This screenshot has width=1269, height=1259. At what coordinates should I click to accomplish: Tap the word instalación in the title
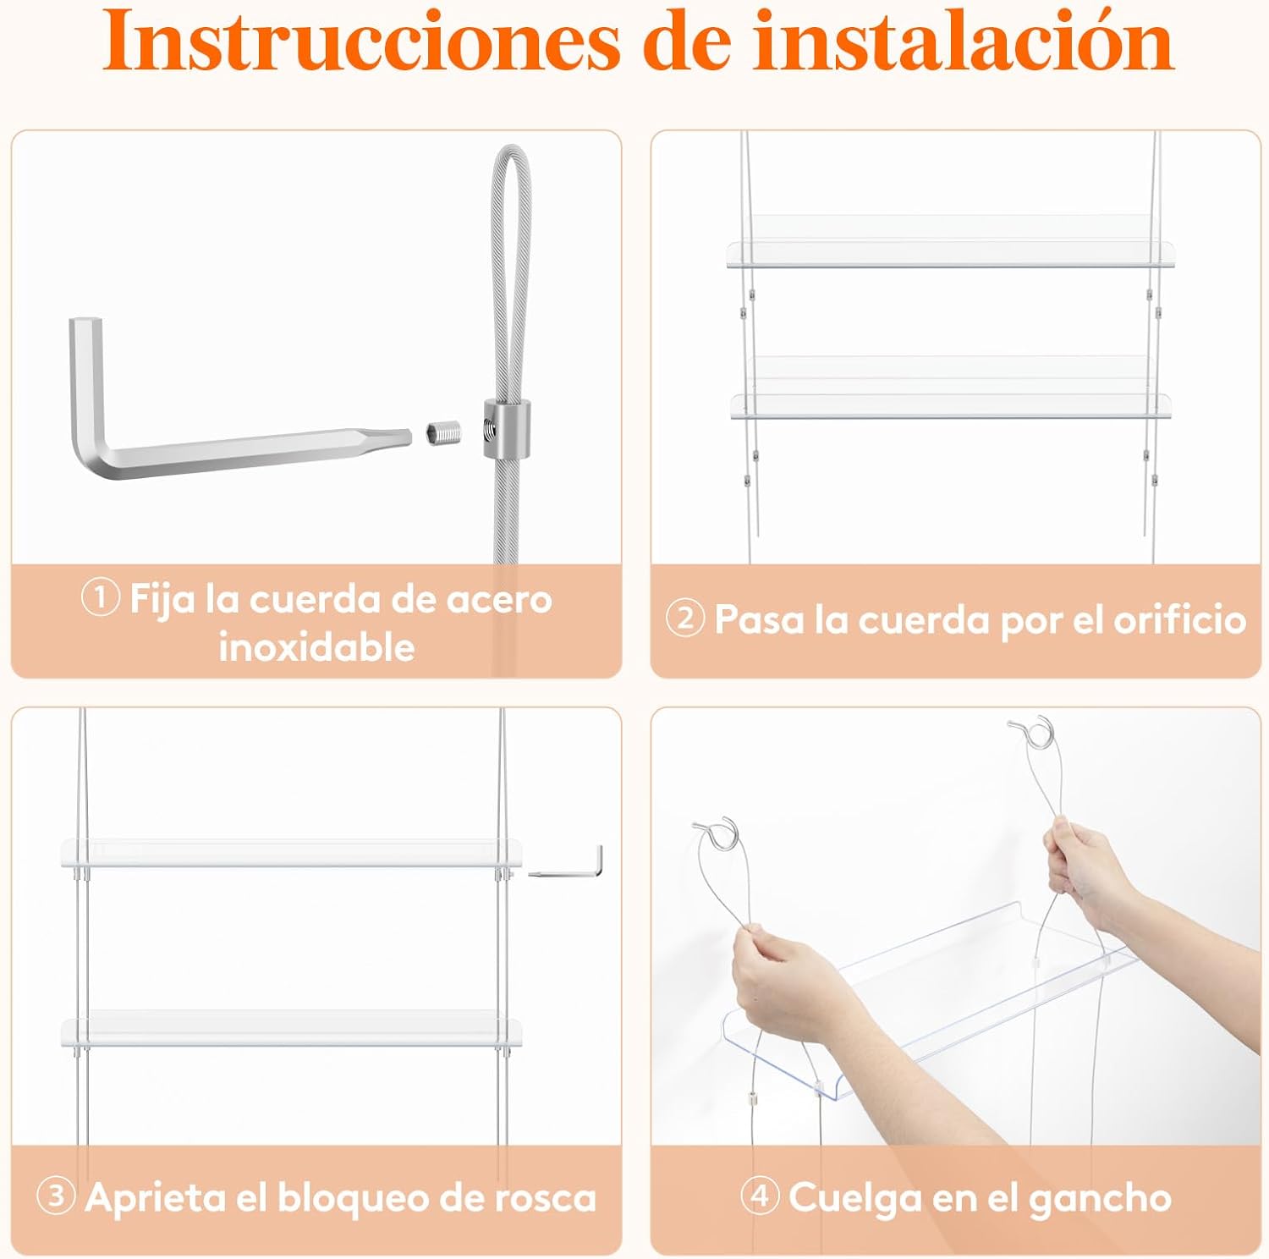[964, 40]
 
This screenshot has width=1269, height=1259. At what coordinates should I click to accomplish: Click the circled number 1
[100, 599]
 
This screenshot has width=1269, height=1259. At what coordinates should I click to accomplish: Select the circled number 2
[685, 619]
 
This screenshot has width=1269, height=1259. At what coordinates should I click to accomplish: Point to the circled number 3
[56, 1196]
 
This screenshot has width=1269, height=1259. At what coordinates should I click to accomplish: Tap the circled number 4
[760, 1196]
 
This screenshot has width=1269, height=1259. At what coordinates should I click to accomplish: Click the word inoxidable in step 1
[317, 647]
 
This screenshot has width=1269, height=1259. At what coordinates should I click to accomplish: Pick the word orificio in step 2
[1180, 620]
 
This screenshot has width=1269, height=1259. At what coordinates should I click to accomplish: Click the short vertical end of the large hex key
[85, 381]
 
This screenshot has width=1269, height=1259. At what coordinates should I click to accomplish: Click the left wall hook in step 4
[716, 833]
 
